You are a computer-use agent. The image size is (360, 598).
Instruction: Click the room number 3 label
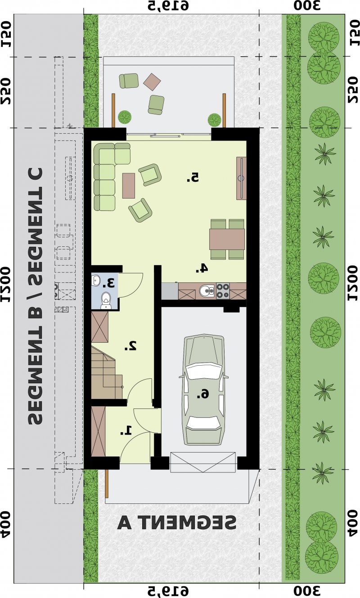[x=108, y=283]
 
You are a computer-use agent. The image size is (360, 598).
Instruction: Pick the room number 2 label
[x=131, y=345]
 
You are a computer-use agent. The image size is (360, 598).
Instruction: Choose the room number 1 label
[x=126, y=430]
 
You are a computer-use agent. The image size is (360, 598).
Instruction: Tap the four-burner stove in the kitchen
[x=223, y=291]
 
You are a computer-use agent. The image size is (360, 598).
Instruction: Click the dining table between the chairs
[x=227, y=239]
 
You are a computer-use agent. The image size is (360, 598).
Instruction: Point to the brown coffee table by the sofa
[x=129, y=186]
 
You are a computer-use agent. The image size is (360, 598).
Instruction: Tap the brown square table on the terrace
[x=152, y=82]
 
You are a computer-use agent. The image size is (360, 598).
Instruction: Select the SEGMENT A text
[x=177, y=523]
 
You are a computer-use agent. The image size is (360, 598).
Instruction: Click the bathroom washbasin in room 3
[x=95, y=280]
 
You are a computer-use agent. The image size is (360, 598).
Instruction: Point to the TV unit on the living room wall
[x=241, y=178]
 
